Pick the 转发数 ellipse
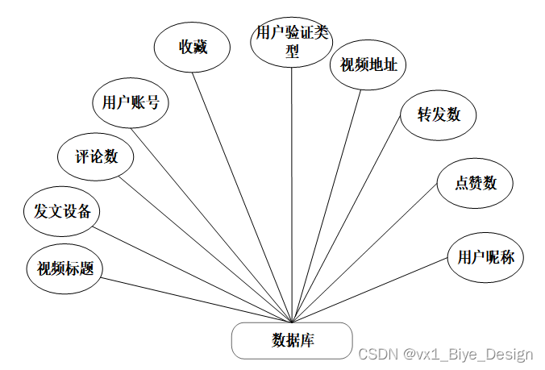point(439,114)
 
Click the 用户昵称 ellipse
point(485,258)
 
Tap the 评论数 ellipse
point(96,156)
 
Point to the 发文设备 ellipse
point(61,212)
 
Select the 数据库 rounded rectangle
point(292,340)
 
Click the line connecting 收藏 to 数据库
point(242,193)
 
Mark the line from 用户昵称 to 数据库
point(371,293)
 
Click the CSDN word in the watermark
point(377,355)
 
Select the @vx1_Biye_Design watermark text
point(468,355)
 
